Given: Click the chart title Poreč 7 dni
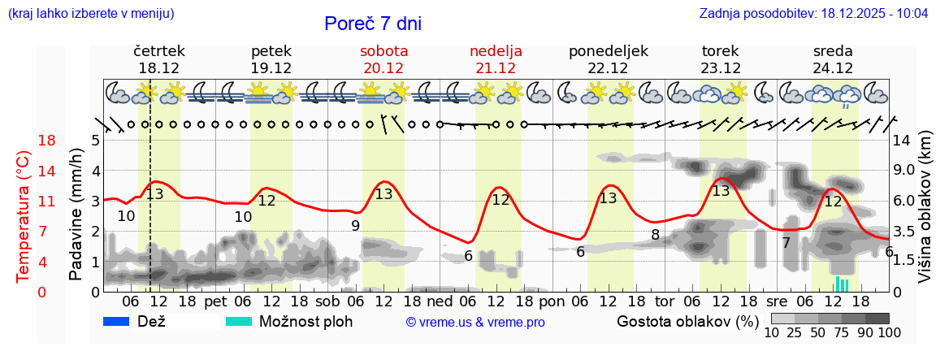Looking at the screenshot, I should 373,24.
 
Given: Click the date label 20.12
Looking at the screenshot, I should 383,68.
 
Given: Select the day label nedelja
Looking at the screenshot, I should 496,51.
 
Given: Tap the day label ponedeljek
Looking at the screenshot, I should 609,51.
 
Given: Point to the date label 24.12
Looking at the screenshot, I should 833,68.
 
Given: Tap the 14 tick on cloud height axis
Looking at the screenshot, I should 901,141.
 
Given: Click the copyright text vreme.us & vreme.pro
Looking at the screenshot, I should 475,323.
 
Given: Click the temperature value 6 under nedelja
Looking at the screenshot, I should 468,256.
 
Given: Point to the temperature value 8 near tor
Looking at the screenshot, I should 655,236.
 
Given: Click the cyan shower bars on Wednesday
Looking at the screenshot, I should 842,284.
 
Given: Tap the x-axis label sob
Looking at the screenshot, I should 327,301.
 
